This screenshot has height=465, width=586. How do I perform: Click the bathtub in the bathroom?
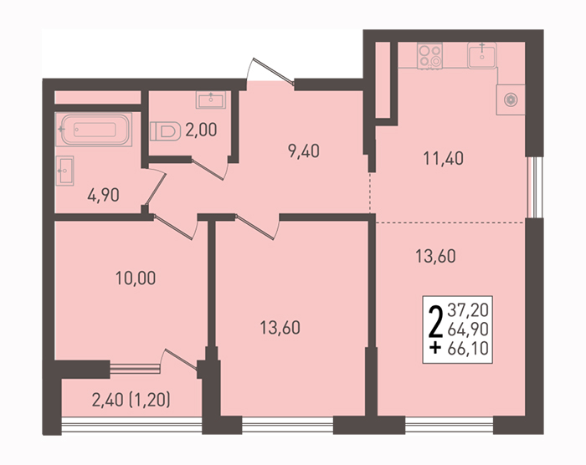point(94,130)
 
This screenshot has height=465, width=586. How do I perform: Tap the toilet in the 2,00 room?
point(163,131)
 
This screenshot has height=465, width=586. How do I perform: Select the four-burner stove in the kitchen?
point(429,56)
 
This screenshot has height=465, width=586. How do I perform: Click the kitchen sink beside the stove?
point(481,55)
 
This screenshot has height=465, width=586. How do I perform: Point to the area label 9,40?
point(303,151)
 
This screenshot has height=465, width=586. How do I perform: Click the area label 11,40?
point(443,158)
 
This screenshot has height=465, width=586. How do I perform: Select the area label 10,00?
point(136,278)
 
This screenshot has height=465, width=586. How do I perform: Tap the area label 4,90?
point(103,195)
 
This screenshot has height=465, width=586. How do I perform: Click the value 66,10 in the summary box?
point(468,349)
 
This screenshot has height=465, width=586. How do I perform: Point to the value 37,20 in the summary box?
point(468,309)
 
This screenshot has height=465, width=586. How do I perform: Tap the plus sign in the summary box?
point(435,349)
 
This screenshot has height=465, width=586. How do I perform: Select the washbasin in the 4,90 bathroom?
point(64,171)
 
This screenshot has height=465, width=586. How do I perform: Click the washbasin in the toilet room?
point(211,100)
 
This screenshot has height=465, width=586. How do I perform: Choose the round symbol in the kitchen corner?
point(510,100)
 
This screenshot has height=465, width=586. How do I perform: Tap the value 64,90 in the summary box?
point(468,329)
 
